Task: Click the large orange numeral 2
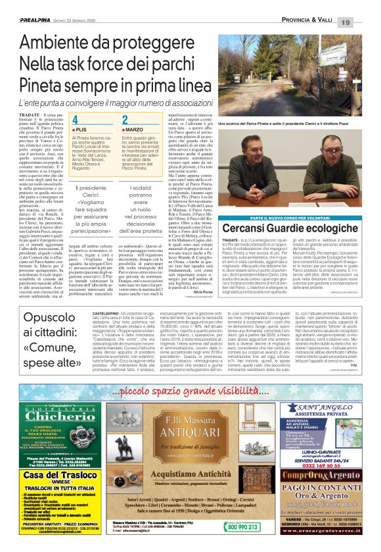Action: [x=125, y=120]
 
